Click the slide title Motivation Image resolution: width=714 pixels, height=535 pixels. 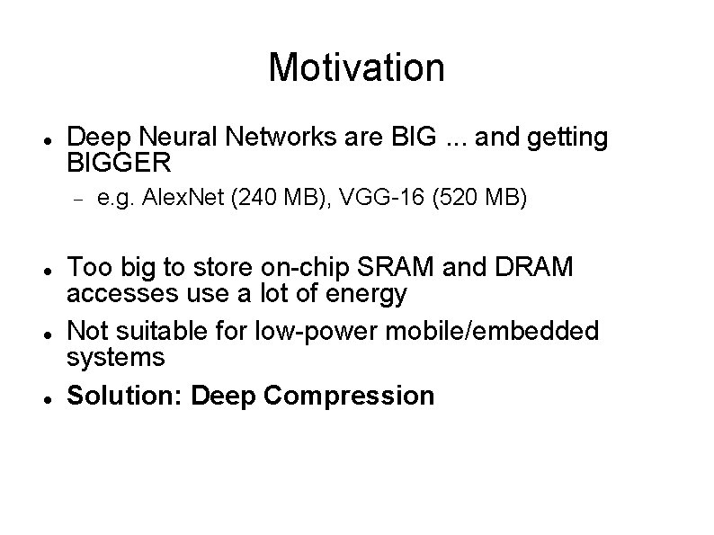[x=356, y=67]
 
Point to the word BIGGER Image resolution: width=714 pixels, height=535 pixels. [x=119, y=164]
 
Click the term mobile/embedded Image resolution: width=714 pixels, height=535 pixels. [x=492, y=331]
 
